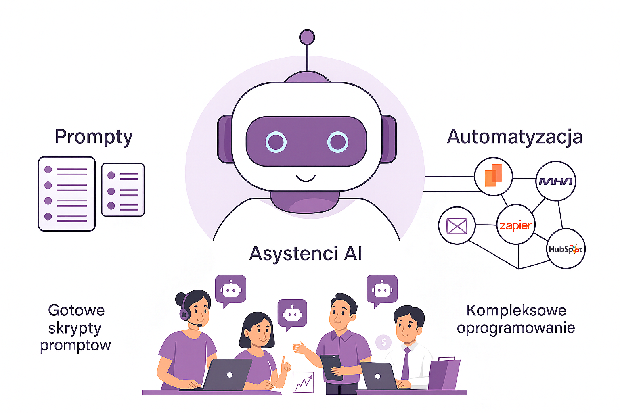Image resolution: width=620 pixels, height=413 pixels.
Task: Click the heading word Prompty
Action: (93, 137)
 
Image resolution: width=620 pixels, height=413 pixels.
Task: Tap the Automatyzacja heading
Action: (515, 137)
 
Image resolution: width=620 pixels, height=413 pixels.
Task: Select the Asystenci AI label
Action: (306, 254)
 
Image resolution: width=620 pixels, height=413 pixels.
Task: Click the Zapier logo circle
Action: (515, 225)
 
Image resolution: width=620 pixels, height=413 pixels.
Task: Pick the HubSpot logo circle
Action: (565, 249)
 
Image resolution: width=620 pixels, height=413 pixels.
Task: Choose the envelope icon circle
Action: (457, 226)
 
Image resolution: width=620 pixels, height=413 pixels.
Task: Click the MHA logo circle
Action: (555, 181)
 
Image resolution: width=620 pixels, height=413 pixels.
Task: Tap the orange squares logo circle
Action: (493, 176)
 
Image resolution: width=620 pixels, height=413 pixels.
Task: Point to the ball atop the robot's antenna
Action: (307, 38)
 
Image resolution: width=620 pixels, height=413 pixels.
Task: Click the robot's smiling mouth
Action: (306, 178)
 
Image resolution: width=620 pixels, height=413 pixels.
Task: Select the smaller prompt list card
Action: (123, 190)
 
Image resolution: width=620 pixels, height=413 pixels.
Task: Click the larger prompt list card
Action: (67, 194)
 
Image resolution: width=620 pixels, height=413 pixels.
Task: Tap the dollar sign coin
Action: (383, 342)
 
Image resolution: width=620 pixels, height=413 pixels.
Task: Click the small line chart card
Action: (303, 382)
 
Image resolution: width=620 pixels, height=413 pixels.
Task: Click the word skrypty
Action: (75, 328)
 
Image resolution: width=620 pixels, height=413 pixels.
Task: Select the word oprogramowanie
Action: (515, 328)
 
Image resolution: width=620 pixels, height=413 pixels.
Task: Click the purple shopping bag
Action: (444, 374)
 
